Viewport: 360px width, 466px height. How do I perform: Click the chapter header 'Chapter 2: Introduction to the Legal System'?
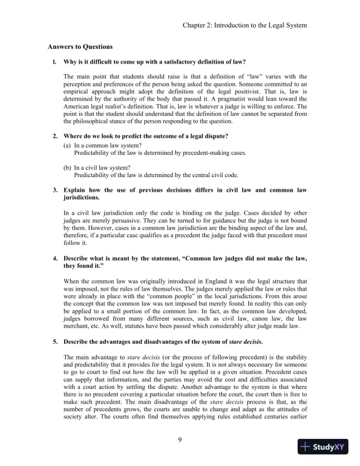click(245, 26)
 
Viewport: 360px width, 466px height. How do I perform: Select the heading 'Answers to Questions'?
click(80, 46)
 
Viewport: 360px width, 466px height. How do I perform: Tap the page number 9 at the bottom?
click(180, 439)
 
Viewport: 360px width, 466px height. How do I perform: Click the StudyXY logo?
click(323, 447)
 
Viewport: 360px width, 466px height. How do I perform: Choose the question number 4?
click(55, 242)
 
